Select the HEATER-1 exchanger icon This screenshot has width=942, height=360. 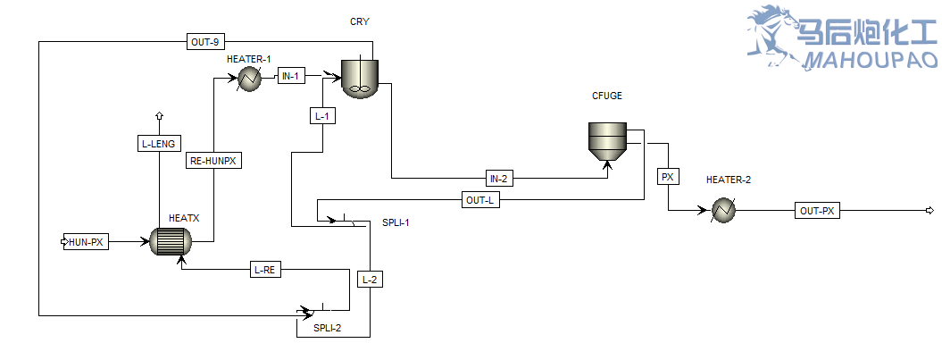click(x=247, y=79)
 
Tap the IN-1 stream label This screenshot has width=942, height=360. click(x=291, y=76)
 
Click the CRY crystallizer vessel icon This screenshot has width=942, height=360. click(x=360, y=78)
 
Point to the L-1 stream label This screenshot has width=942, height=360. click(x=322, y=115)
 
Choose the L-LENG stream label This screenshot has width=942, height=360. click(x=159, y=143)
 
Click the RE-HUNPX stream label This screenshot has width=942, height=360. click(x=215, y=161)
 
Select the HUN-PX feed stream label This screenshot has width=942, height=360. click(x=87, y=241)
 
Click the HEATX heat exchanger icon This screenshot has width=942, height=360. click(x=171, y=241)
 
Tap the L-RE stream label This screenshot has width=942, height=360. click(x=265, y=269)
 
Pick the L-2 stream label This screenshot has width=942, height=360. click(x=370, y=280)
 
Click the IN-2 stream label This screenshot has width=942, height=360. click(x=499, y=178)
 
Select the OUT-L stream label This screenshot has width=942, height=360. click(x=480, y=200)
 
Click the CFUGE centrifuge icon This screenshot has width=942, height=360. click(x=607, y=141)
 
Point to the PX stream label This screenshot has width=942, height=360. click(x=667, y=177)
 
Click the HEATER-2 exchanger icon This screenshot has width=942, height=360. click(x=723, y=211)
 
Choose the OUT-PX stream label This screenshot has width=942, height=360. click(x=817, y=211)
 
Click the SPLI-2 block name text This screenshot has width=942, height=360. click(x=327, y=328)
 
